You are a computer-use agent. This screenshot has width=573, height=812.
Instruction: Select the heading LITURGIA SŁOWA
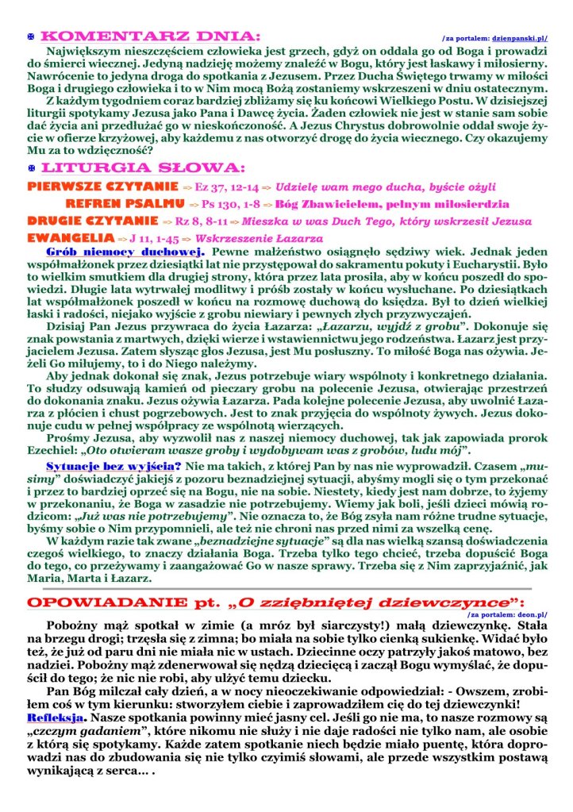click(142, 168)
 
